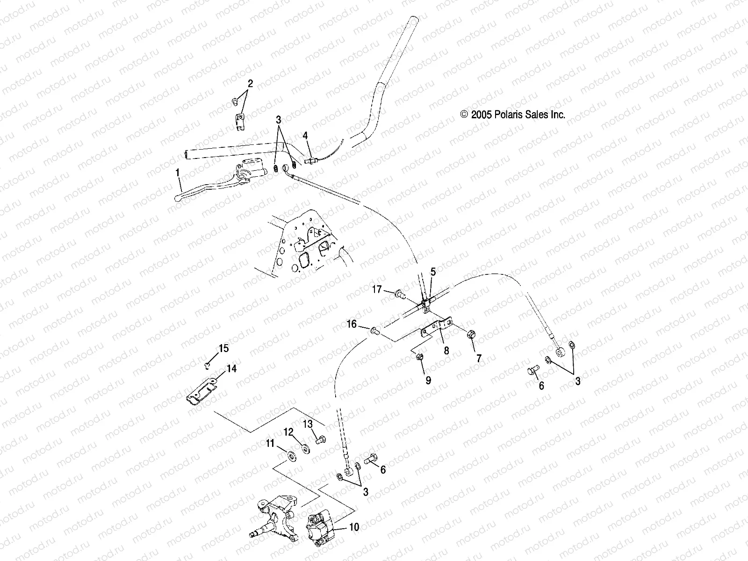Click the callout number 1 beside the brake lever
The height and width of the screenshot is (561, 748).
pos(178,173)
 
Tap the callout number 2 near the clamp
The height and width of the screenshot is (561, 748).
pos(250,84)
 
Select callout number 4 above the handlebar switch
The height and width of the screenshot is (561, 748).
pos(305,136)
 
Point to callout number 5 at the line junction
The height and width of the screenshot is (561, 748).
pos(433,271)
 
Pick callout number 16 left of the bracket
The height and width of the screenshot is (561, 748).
pos(352,324)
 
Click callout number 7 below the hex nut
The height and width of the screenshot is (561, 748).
pos(478,359)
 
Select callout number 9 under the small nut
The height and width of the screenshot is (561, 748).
pos(428,380)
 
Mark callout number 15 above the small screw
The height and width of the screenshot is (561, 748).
pos(224,348)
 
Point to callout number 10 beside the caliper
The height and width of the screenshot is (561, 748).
pos(354,527)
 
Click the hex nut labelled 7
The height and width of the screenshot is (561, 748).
pos(471,334)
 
